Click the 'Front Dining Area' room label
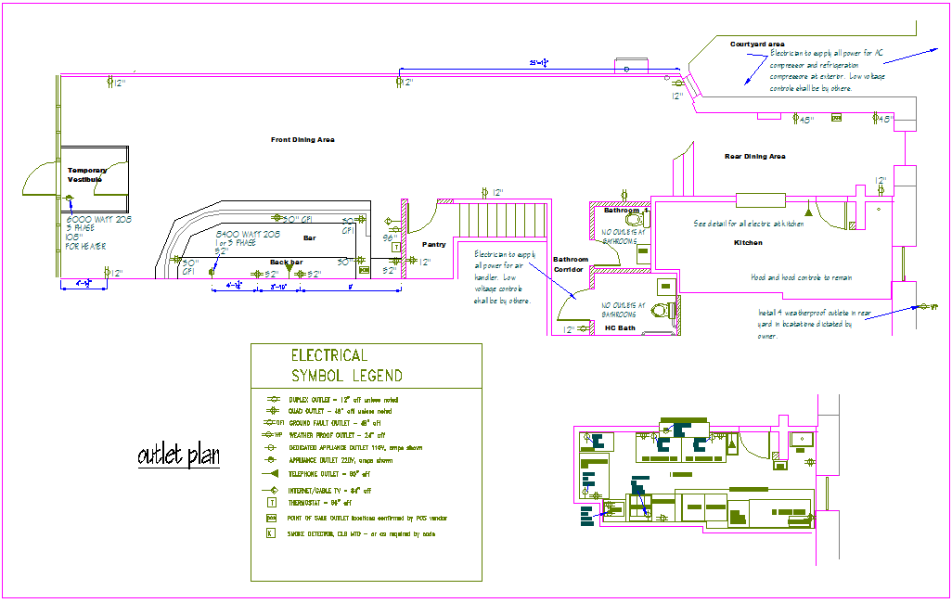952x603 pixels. point(302,140)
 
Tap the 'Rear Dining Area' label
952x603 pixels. point(754,157)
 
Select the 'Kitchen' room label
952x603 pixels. point(748,243)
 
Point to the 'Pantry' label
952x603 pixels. point(433,245)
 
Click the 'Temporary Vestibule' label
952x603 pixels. point(87,174)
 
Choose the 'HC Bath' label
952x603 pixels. point(619,327)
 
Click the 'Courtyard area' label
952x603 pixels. point(757,45)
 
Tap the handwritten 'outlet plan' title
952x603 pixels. point(178,455)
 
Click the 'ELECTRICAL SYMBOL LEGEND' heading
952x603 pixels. point(346,366)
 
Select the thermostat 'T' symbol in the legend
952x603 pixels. point(271,502)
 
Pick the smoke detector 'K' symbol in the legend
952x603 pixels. point(271,534)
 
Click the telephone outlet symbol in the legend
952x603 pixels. point(272,472)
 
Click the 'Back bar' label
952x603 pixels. point(286,263)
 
